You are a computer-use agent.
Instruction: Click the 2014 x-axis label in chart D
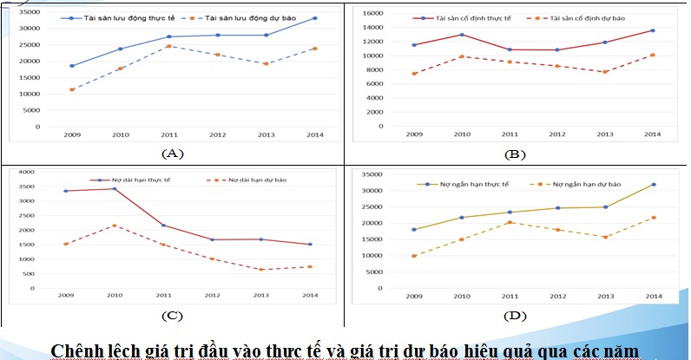[652, 296]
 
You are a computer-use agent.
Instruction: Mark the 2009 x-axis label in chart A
[72, 135]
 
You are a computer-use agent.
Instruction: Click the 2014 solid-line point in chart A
[314, 18]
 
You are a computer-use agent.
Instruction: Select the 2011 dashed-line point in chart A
[168, 46]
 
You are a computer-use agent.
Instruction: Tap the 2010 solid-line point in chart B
[462, 35]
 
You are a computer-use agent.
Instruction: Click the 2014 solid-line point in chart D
[653, 184]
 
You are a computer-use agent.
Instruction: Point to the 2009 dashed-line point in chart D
[413, 256]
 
